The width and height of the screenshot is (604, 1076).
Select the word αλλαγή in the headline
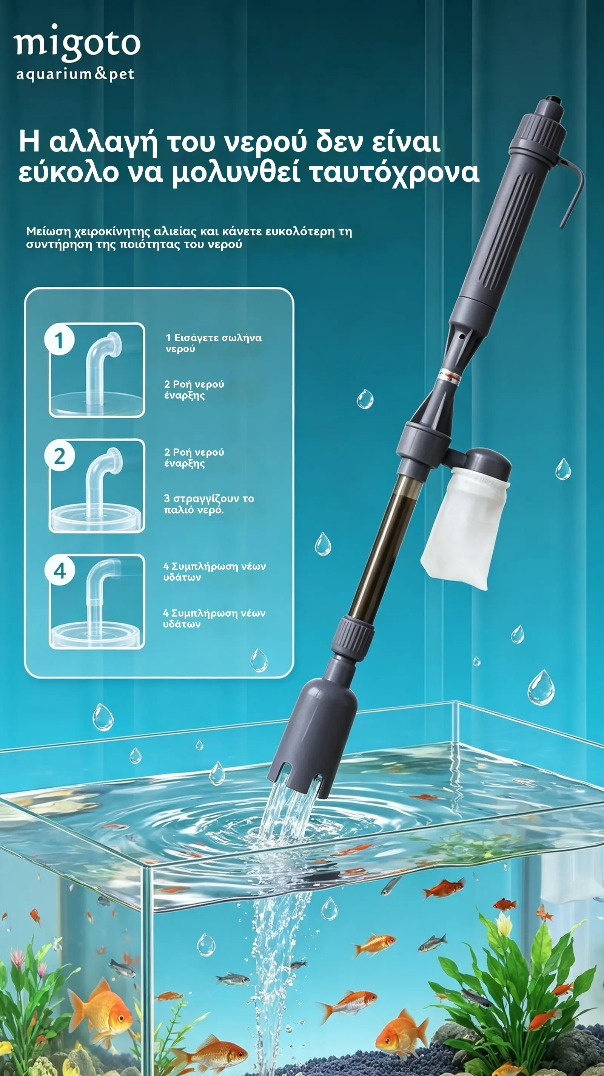pyautogui.click(x=103, y=142)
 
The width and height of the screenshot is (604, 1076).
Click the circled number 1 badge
pyautogui.click(x=59, y=340)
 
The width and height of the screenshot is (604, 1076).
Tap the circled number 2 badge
pyautogui.click(x=60, y=456)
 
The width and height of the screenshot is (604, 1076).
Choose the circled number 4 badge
pyautogui.click(x=60, y=570)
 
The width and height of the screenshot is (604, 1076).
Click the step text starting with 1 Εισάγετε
pyautogui.click(x=214, y=343)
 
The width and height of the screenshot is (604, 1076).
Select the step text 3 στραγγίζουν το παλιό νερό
pyautogui.click(x=209, y=504)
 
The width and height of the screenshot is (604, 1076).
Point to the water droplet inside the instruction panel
pyautogui.click(x=259, y=660)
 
